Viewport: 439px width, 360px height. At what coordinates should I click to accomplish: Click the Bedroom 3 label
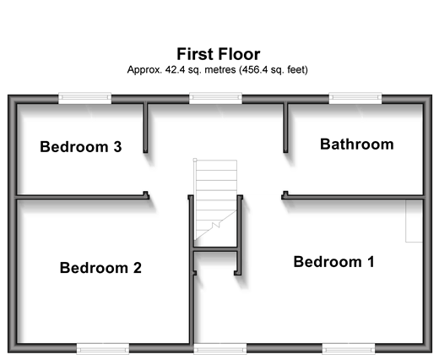(81, 147)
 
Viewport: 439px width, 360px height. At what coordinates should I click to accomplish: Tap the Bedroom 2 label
(100, 268)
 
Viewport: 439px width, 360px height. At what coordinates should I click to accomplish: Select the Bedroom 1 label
(334, 262)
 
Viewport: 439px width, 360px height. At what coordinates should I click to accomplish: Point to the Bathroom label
(357, 145)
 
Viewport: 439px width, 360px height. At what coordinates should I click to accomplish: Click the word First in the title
(195, 54)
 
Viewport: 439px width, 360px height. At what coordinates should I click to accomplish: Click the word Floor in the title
(239, 54)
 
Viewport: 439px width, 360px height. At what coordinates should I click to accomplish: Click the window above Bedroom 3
(84, 98)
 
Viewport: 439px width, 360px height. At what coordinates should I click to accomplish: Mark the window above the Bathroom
(355, 98)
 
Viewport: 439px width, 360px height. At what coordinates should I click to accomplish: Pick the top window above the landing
(215, 98)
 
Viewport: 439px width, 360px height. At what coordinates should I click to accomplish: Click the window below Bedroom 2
(103, 349)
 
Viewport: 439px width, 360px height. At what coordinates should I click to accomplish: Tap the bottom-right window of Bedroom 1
(349, 349)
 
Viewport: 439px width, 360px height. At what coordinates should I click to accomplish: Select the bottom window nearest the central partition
(220, 349)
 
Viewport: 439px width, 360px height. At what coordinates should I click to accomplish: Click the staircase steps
(215, 200)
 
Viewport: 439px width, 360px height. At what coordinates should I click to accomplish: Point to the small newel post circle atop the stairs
(195, 160)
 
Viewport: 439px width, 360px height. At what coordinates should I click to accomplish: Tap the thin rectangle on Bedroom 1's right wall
(414, 221)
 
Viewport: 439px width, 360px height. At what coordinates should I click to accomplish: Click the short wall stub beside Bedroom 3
(145, 128)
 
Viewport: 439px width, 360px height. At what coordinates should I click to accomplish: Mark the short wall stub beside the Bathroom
(285, 128)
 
